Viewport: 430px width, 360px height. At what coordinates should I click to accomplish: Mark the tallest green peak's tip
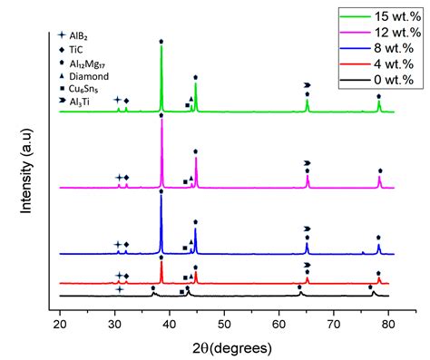(161, 46)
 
